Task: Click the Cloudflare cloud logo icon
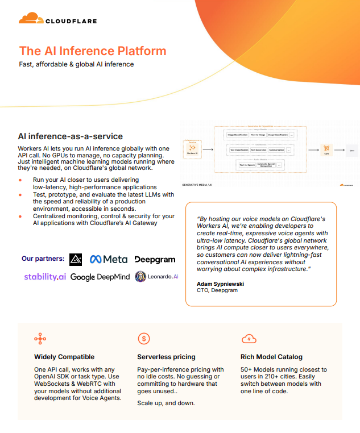click(x=31, y=19)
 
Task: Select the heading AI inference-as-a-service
click(x=71, y=136)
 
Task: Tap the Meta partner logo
click(x=109, y=259)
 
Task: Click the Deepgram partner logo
click(x=155, y=259)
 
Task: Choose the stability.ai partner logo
click(x=45, y=277)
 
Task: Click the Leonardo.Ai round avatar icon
click(x=140, y=277)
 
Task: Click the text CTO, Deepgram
click(x=217, y=290)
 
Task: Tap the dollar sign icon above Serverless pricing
click(x=144, y=339)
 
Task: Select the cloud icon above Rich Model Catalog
click(x=249, y=339)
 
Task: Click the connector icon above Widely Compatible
click(x=40, y=339)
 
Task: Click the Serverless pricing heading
click(x=166, y=357)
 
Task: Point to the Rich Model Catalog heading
click(x=272, y=357)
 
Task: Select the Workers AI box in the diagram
click(x=191, y=149)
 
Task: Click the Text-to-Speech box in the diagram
click(x=247, y=165)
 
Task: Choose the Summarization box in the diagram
click(x=276, y=150)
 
